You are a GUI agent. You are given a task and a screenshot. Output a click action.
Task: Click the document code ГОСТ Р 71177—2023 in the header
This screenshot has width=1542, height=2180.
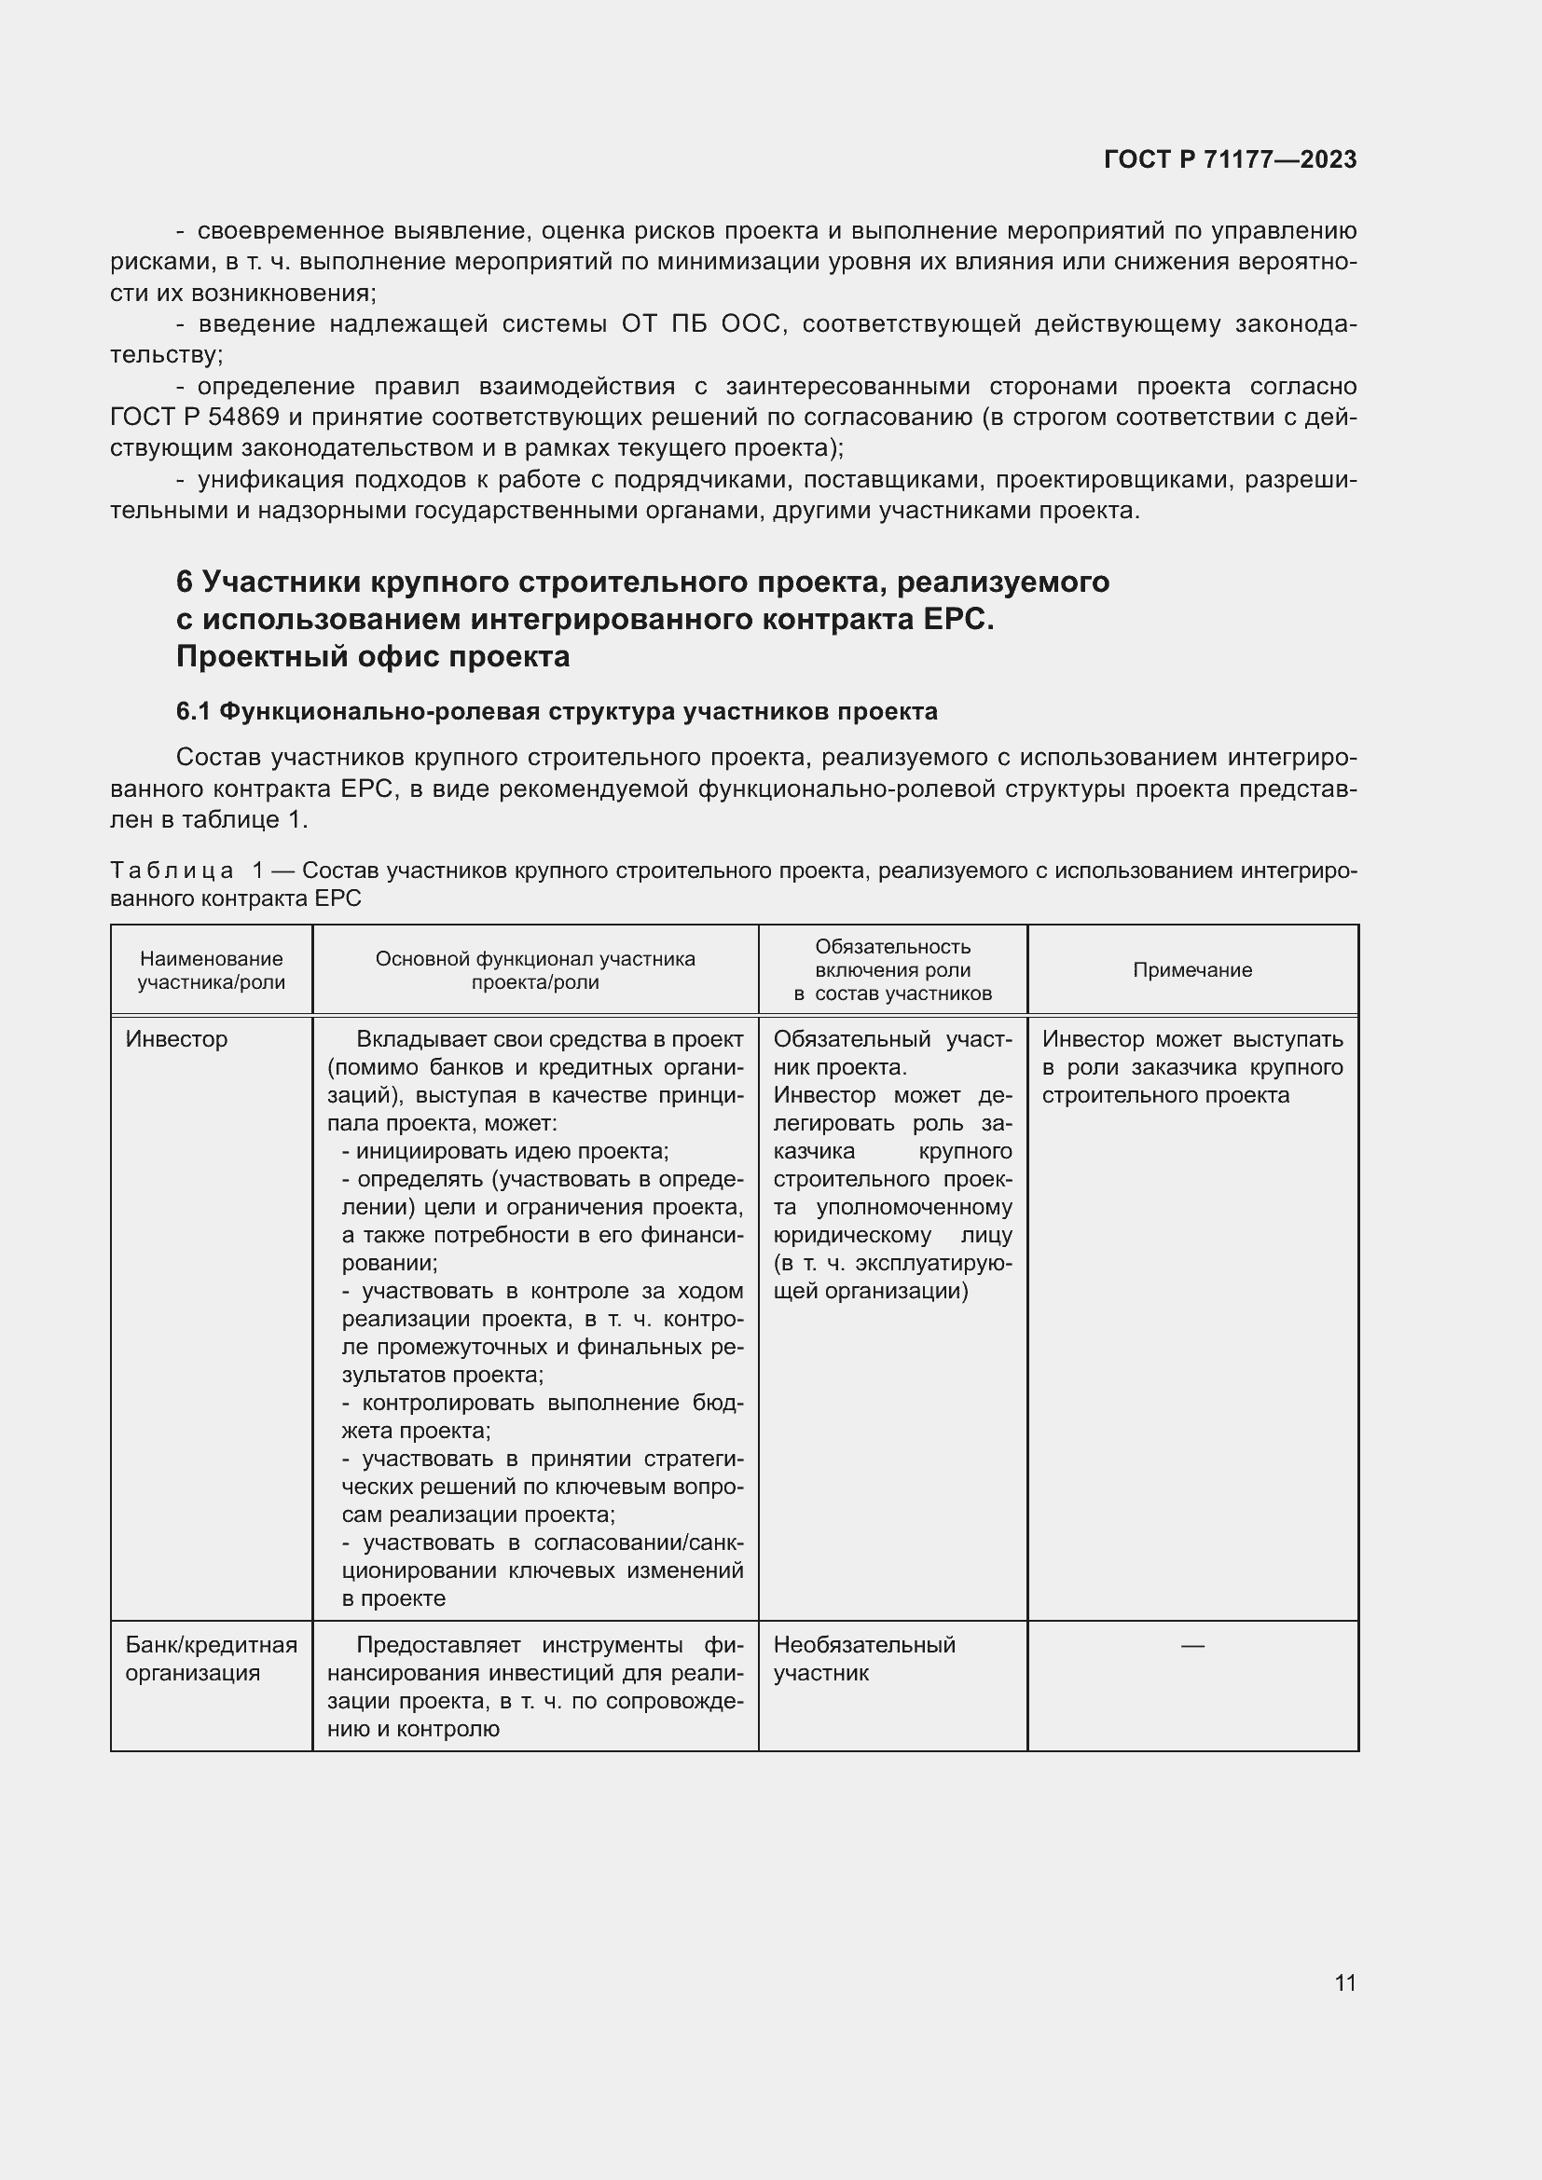pyautogui.click(x=1230, y=159)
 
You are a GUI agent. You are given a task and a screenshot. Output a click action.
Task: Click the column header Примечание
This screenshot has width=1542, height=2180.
pyautogui.click(x=1191, y=969)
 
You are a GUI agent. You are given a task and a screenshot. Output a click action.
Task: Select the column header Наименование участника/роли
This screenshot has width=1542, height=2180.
pyautogui.click(x=211, y=969)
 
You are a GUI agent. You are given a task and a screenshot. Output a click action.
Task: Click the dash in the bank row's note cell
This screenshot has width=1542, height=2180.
pyautogui.click(x=1191, y=1645)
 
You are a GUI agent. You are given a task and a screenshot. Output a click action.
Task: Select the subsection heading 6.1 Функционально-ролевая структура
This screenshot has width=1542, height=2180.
pyautogui.click(x=557, y=711)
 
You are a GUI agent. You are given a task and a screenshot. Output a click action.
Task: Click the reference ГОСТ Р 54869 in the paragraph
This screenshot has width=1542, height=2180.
pyautogui.click(x=195, y=417)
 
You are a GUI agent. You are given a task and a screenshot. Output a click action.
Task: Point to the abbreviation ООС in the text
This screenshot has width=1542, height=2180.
pyautogui.click(x=750, y=324)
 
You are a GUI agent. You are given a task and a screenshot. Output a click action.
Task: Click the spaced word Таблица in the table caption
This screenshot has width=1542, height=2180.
pyautogui.click(x=172, y=870)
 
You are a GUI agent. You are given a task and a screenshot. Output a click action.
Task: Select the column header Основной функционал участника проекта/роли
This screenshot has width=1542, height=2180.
pyautogui.click(x=534, y=969)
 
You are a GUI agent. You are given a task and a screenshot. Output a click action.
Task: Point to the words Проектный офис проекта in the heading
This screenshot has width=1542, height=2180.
pyautogui.click(x=372, y=656)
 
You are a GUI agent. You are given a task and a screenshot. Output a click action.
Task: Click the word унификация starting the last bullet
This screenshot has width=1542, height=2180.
pyautogui.click(x=261, y=480)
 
